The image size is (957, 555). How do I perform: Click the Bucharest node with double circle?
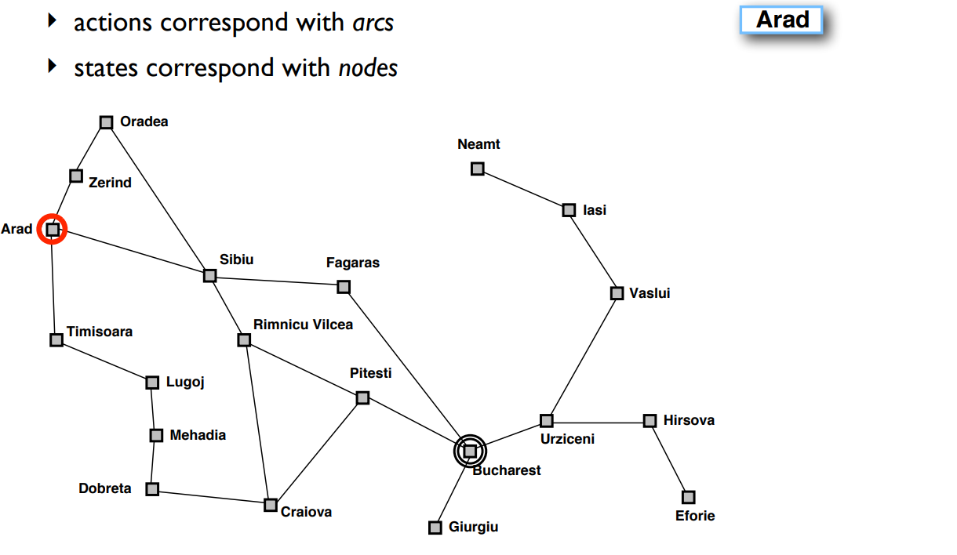click(470, 451)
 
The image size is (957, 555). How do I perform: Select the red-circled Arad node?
click(53, 230)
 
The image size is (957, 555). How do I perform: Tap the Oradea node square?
click(107, 122)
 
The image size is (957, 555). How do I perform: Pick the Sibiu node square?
click(209, 275)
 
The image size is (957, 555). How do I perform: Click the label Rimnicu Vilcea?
click(303, 325)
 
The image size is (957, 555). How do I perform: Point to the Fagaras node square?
click(344, 287)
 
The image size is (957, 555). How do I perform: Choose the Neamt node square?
click(477, 169)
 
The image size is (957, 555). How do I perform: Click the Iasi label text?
click(595, 210)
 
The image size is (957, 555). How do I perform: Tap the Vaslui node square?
click(617, 293)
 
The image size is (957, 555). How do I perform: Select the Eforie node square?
click(688, 497)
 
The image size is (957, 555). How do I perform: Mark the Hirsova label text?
click(689, 420)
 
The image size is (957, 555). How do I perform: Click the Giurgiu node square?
click(435, 528)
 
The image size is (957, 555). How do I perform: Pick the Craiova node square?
click(271, 505)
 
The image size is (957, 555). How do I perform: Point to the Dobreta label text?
click(105, 488)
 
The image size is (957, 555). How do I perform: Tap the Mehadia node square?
click(156, 435)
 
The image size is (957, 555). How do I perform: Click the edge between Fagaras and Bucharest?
click(406, 368)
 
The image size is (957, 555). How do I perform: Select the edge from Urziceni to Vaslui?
click(581, 357)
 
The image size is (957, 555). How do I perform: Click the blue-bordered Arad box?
click(781, 20)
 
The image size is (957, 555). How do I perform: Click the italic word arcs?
click(373, 24)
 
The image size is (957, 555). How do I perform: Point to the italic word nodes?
click(368, 68)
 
